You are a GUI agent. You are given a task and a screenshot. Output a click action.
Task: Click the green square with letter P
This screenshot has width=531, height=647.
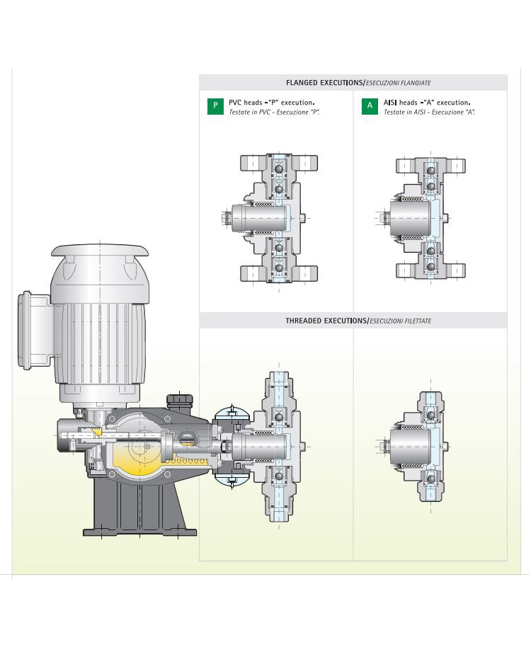[215, 106]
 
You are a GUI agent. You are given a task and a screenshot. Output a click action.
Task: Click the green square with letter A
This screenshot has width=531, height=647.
[370, 106]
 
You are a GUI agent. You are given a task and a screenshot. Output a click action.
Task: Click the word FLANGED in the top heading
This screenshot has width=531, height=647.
[302, 83]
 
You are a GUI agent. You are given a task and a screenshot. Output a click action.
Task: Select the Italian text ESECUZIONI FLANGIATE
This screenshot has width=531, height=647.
[398, 83]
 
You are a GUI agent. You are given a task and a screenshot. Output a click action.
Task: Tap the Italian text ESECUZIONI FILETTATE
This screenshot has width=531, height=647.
[400, 321]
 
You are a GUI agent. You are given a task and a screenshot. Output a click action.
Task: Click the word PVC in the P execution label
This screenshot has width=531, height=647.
[235, 103]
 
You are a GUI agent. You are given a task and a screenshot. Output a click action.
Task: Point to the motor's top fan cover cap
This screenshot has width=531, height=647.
[99, 250]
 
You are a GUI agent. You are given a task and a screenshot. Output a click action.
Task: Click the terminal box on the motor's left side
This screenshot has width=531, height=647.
[34, 330]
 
